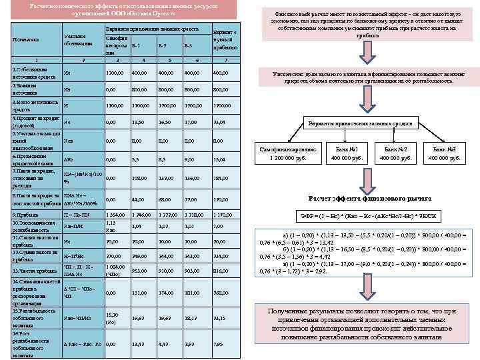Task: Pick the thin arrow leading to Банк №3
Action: click(x=427, y=137)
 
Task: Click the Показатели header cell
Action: click(x=25, y=40)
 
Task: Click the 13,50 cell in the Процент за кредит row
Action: click(x=139, y=123)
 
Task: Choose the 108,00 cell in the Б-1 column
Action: click(x=139, y=179)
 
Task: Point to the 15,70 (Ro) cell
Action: click(x=113, y=318)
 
